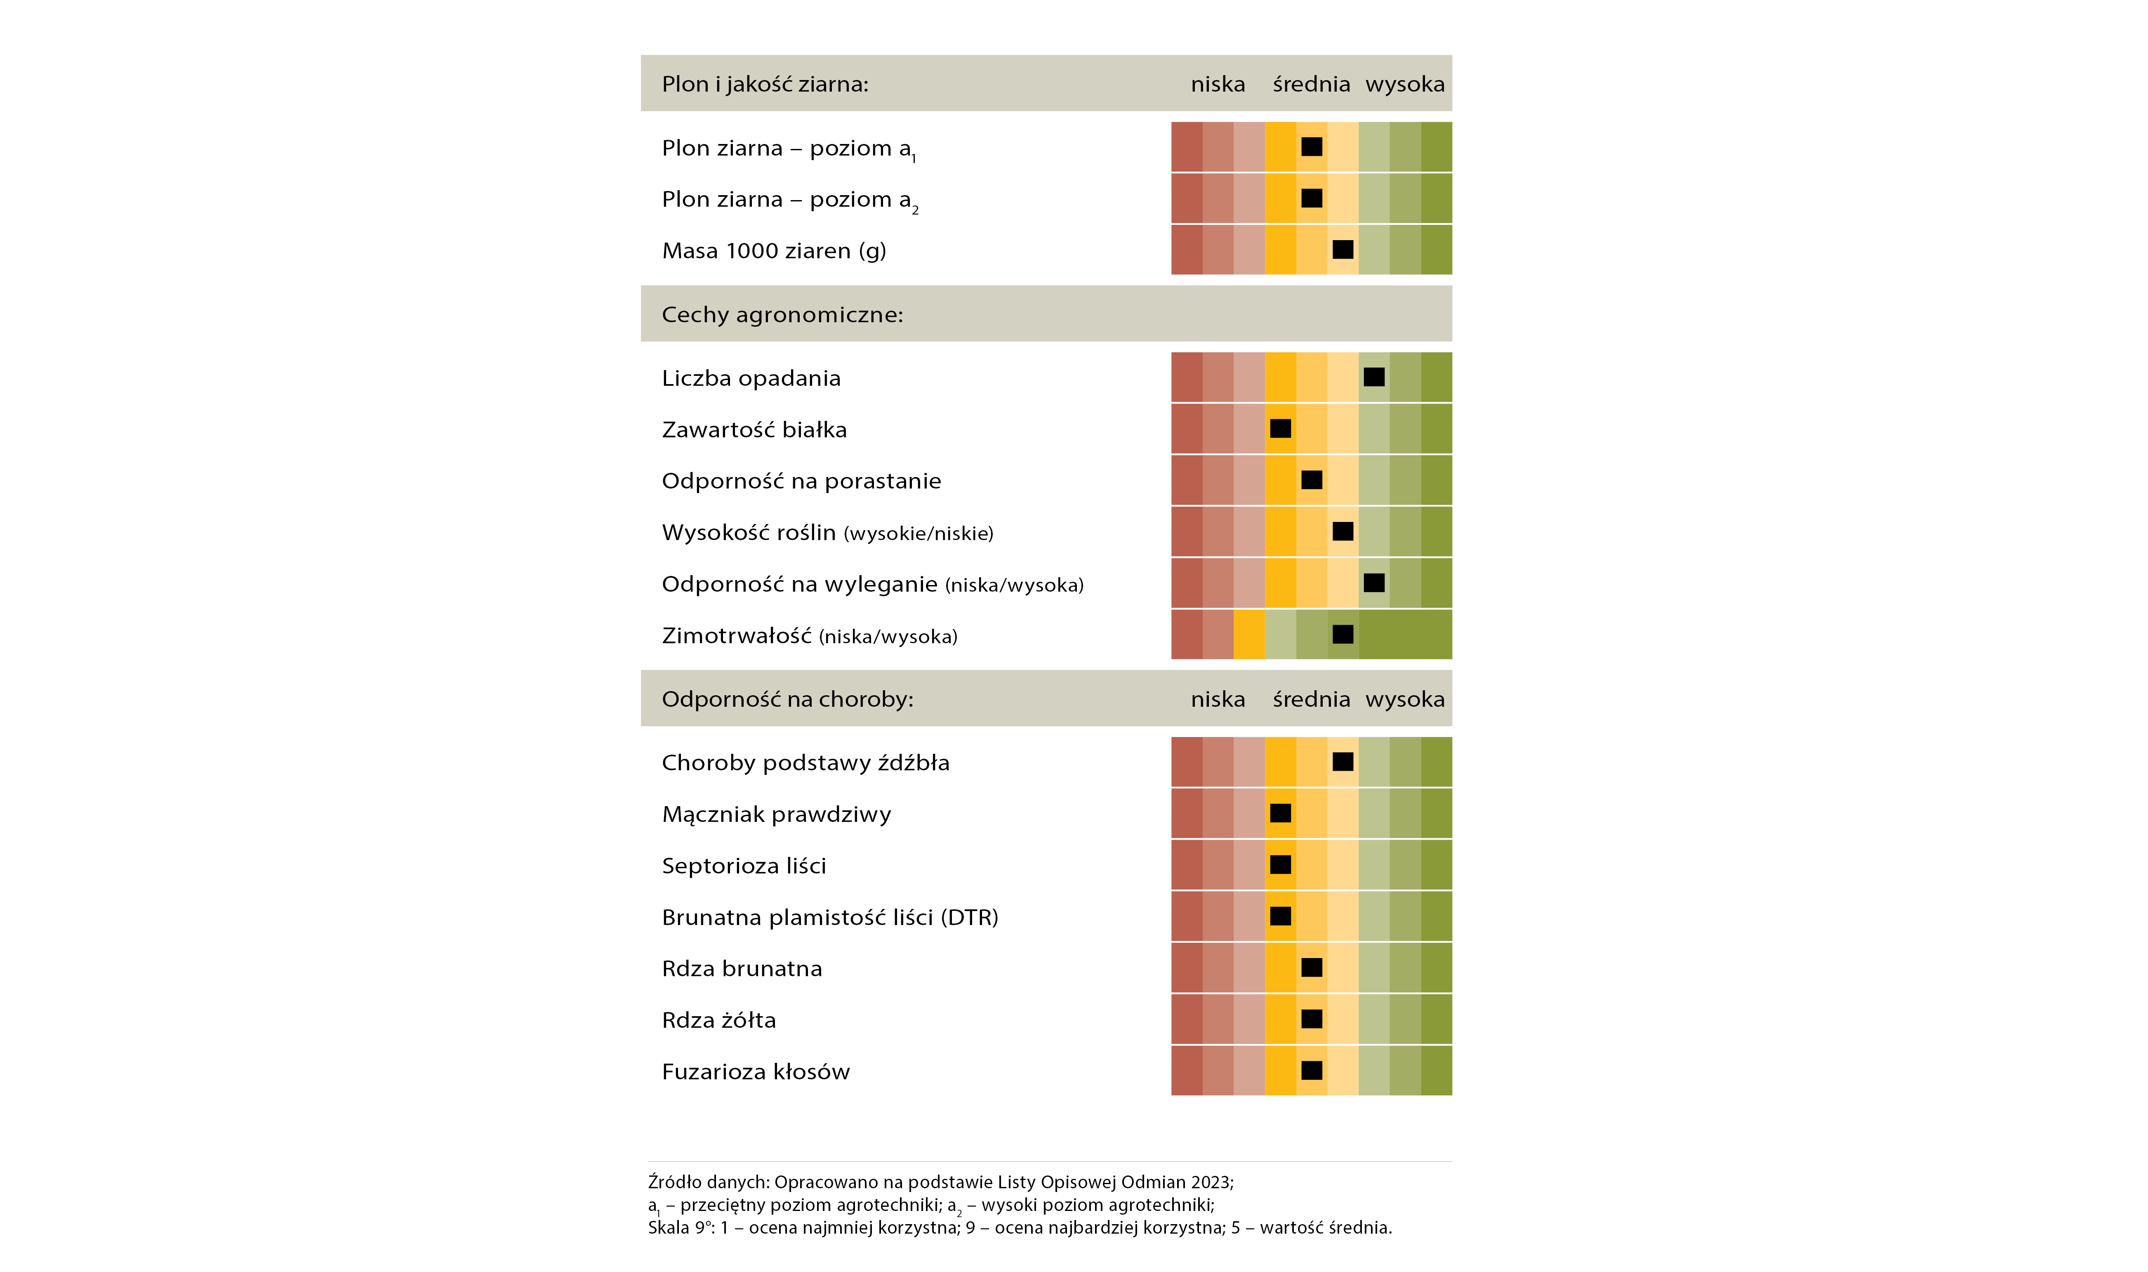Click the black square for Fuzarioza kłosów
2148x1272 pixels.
tap(1312, 1071)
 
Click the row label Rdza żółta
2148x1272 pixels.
tap(719, 1020)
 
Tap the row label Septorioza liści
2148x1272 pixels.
tap(744, 866)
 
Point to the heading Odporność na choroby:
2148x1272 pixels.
tap(787, 699)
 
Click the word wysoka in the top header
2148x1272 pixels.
tap(1405, 84)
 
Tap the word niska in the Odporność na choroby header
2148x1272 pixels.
tap(1218, 699)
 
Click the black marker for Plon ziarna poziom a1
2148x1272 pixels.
tap(1312, 146)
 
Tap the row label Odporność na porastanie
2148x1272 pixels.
tap(801, 481)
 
